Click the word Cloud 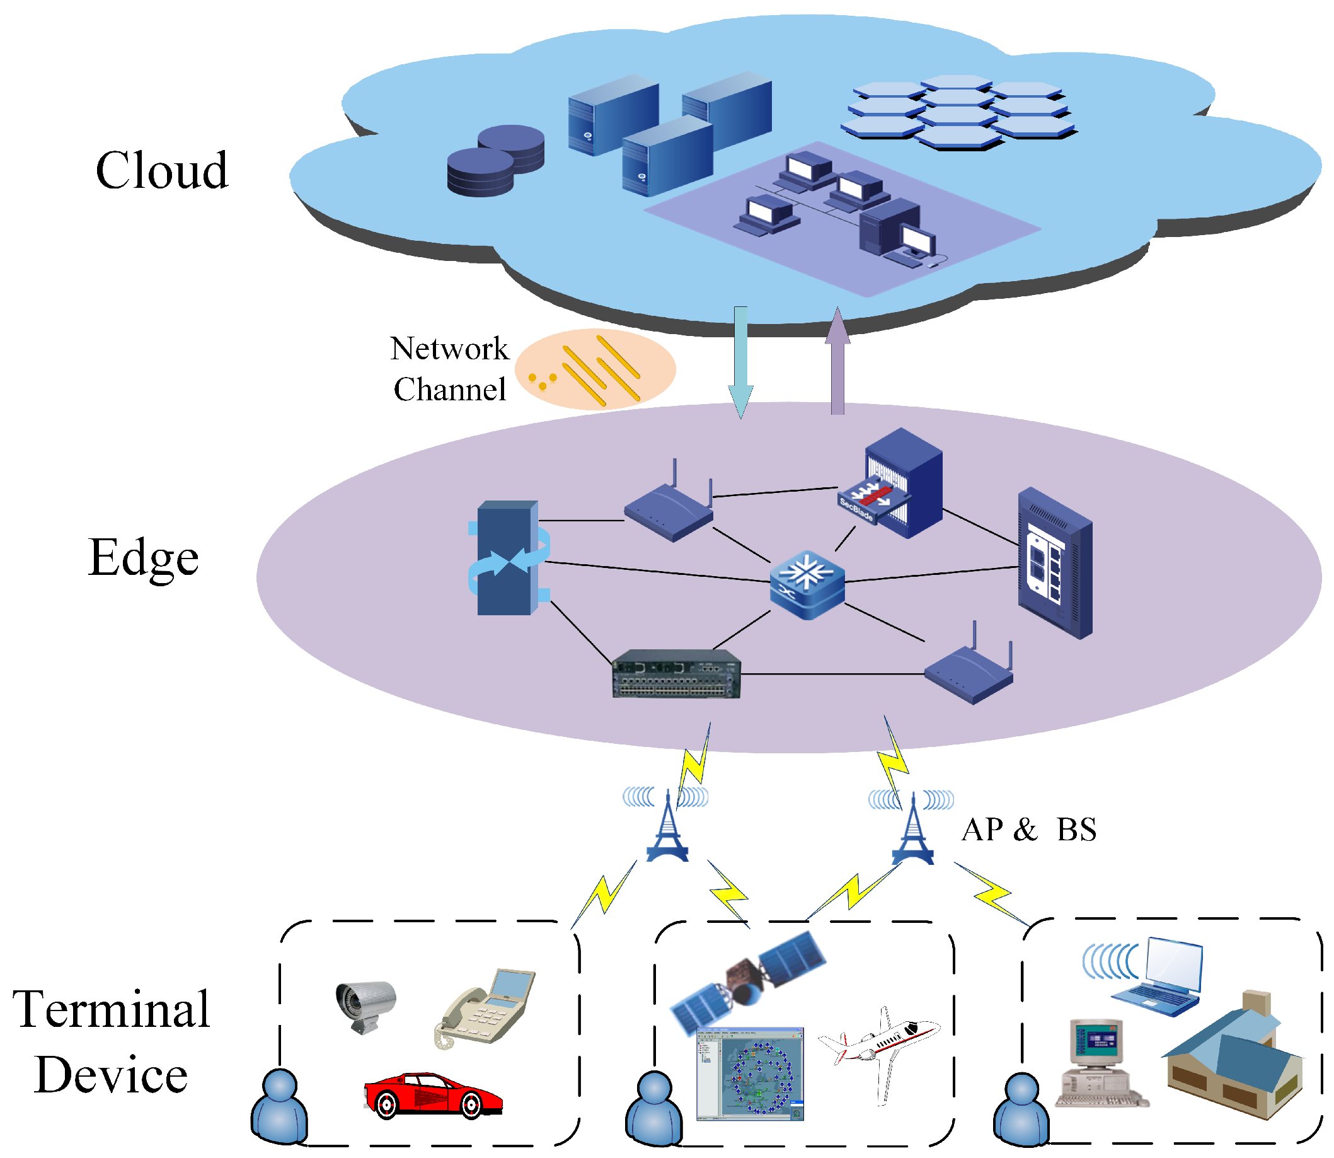click(161, 170)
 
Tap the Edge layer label click(144, 559)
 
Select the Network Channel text click(450, 368)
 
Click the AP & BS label click(1028, 829)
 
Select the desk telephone click(485, 1008)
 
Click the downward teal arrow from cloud click(740, 362)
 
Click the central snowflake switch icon click(807, 585)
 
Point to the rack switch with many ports click(676, 674)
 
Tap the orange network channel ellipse click(595, 369)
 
